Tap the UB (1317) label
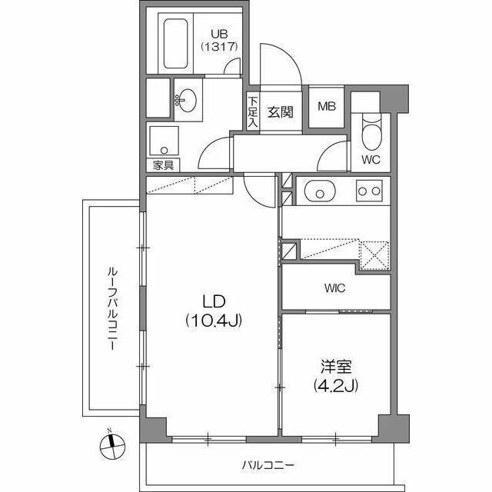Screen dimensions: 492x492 pyautogui.click(x=219, y=40)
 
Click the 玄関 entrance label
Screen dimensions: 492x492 pyautogui.click(x=280, y=112)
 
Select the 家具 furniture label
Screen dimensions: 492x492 pyautogui.click(x=161, y=165)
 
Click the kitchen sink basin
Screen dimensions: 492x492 pyautogui.click(x=317, y=191)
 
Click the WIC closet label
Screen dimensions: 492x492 pyautogui.click(x=334, y=288)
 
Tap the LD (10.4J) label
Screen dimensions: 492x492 pyautogui.click(x=213, y=310)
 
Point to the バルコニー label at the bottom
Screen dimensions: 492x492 pyautogui.click(x=268, y=464)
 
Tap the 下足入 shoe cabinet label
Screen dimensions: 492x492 pyautogui.click(x=252, y=112)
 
